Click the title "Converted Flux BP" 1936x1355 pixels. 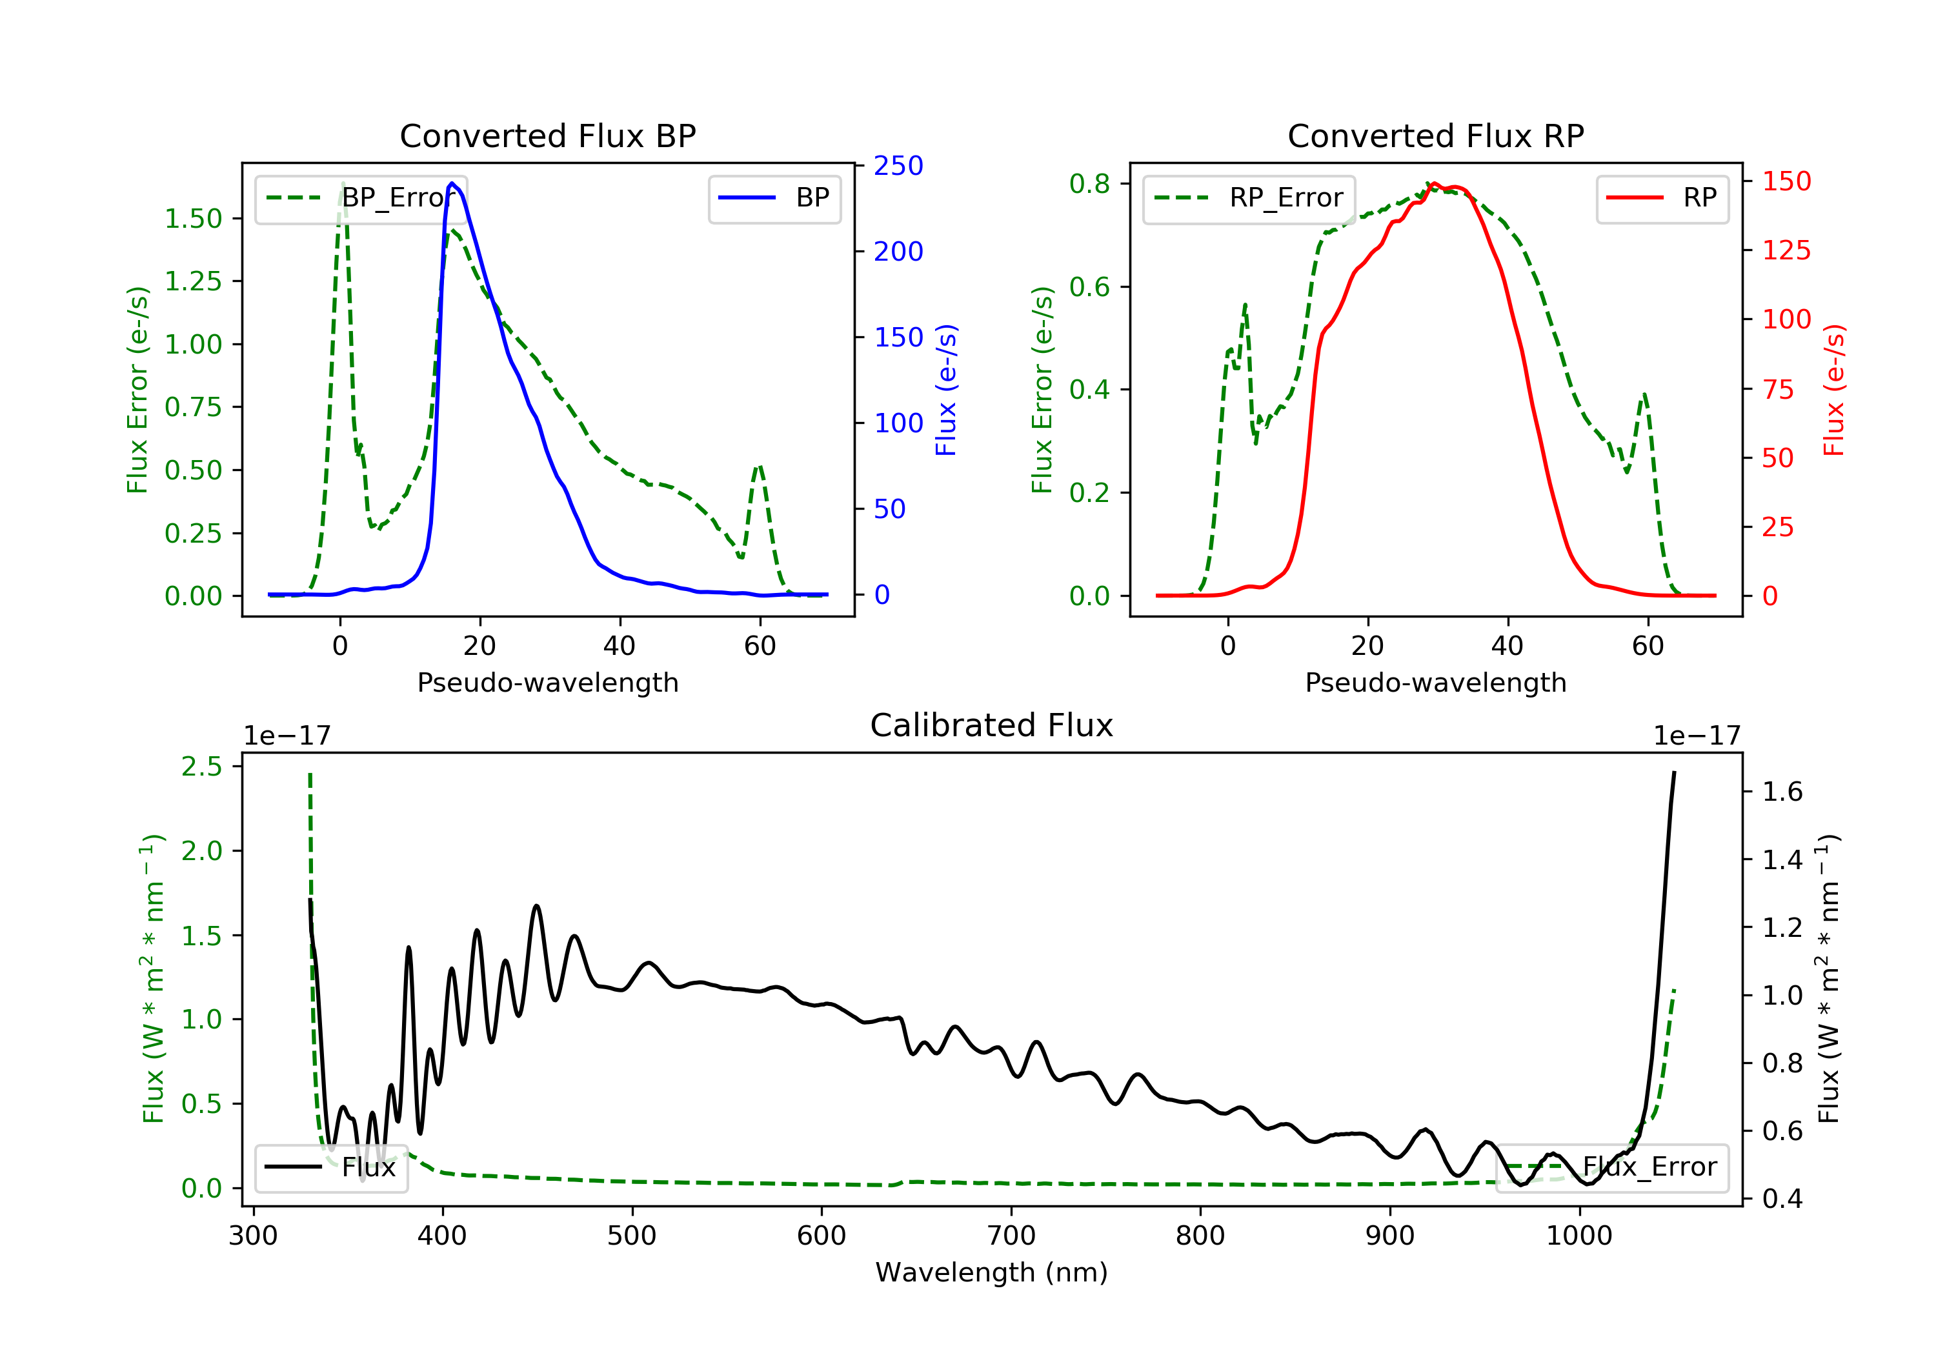547,135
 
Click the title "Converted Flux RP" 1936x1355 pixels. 1435,135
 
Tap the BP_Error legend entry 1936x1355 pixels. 360,198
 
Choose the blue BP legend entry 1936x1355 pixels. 774,198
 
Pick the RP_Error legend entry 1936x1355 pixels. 1248,198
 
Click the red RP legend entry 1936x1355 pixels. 1661,198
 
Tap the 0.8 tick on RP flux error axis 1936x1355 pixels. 1089,183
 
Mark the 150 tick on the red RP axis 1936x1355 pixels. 1786,181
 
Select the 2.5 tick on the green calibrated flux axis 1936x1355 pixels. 201,767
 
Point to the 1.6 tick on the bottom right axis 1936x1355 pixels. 1782,791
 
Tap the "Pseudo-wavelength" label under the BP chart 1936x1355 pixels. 547,682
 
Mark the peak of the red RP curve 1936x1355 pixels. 1435,184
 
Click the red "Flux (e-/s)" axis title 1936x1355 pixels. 1834,390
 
